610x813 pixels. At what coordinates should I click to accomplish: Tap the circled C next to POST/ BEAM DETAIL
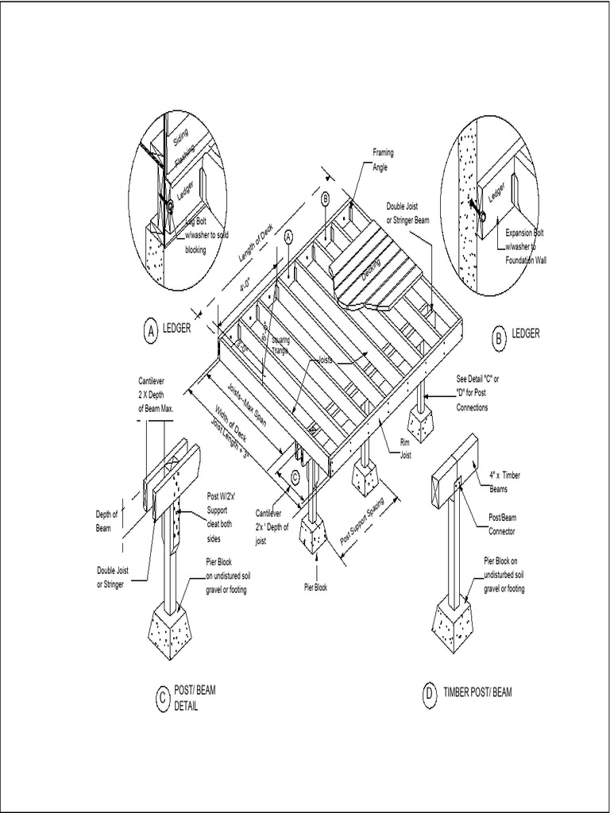160,698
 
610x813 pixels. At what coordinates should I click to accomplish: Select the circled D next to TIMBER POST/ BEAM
429,695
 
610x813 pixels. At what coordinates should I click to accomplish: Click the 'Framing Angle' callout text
383,159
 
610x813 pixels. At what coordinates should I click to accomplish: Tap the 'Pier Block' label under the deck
315,588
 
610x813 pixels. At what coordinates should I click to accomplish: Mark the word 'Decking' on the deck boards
369,268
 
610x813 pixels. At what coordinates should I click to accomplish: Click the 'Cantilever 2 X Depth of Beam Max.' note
156,394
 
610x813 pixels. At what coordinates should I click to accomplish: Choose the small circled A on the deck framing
288,236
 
